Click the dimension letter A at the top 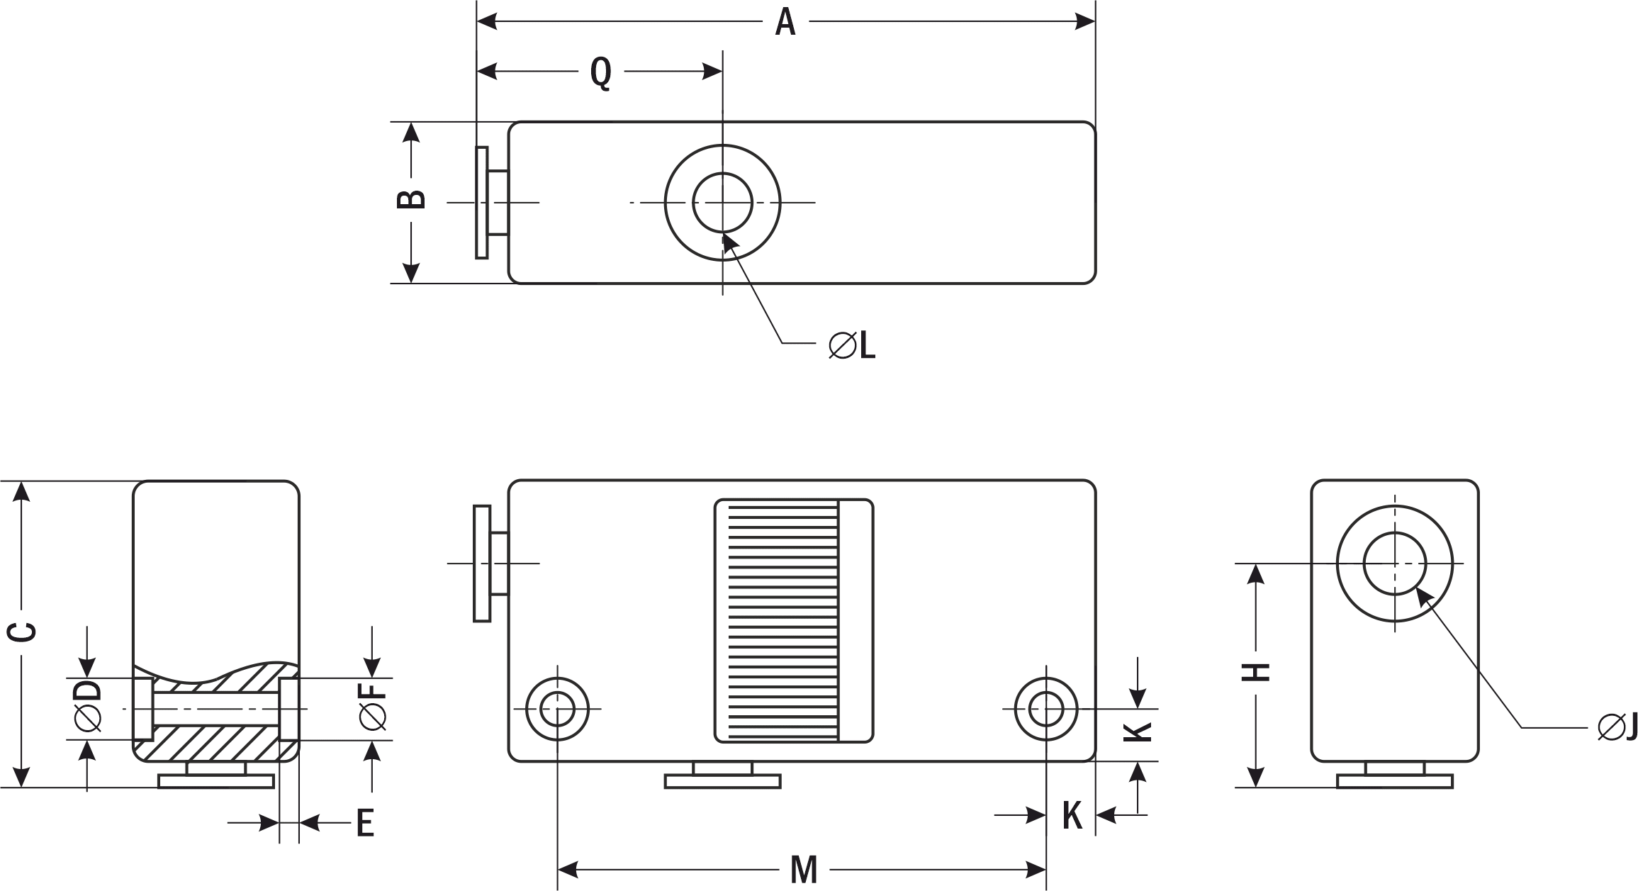pyautogui.click(x=785, y=23)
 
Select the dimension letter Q pyautogui.click(x=601, y=72)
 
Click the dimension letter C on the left pyautogui.click(x=24, y=633)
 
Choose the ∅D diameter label pyautogui.click(x=88, y=706)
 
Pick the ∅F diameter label pyautogui.click(x=373, y=706)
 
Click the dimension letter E pyautogui.click(x=364, y=823)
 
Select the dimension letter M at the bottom pyautogui.click(x=804, y=870)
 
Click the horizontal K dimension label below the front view pyautogui.click(x=1072, y=816)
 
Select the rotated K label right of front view pyautogui.click(x=1138, y=732)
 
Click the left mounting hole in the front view pyautogui.click(x=557, y=708)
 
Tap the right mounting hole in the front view pyautogui.click(x=1046, y=708)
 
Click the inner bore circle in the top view pyautogui.click(x=722, y=203)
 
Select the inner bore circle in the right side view pyautogui.click(x=1395, y=564)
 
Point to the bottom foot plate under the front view pyautogui.click(x=722, y=782)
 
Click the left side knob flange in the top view pyautogui.click(x=482, y=203)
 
